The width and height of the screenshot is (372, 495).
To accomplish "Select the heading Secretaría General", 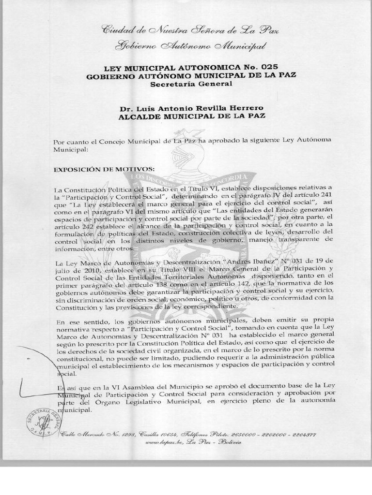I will pos(191,84).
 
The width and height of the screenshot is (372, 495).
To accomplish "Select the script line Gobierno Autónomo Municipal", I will pos(190,46).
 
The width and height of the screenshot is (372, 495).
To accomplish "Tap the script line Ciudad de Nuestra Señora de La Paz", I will pos(190,30).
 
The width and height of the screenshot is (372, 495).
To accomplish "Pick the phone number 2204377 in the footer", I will pos(303,434).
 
